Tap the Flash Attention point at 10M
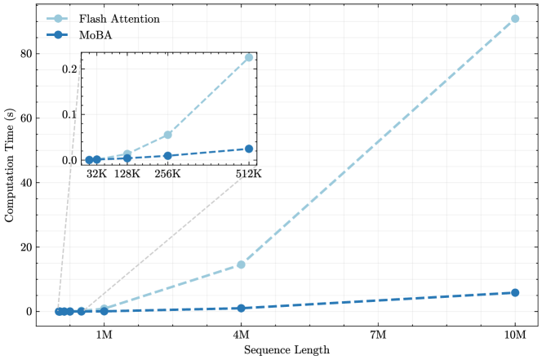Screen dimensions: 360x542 (x=515, y=19)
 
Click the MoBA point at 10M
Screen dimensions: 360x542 (x=515, y=292)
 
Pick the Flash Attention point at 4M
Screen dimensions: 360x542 (x=241, y=264)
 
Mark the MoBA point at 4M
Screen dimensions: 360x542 (x=241, y=308)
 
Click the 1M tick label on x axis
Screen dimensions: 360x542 (x=104, y=335)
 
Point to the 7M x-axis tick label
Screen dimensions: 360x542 (x=378, y=335)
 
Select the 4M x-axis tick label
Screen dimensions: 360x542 (x=241, y=335)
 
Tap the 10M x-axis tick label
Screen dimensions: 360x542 (x=515, y=335)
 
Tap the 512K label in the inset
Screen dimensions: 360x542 (x=248, y=174)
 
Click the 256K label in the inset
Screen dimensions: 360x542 (x=167, y=174)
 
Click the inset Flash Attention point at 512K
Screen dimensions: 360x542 (x=248, y=58)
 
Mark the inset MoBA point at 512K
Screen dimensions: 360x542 (x=248, y=149)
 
